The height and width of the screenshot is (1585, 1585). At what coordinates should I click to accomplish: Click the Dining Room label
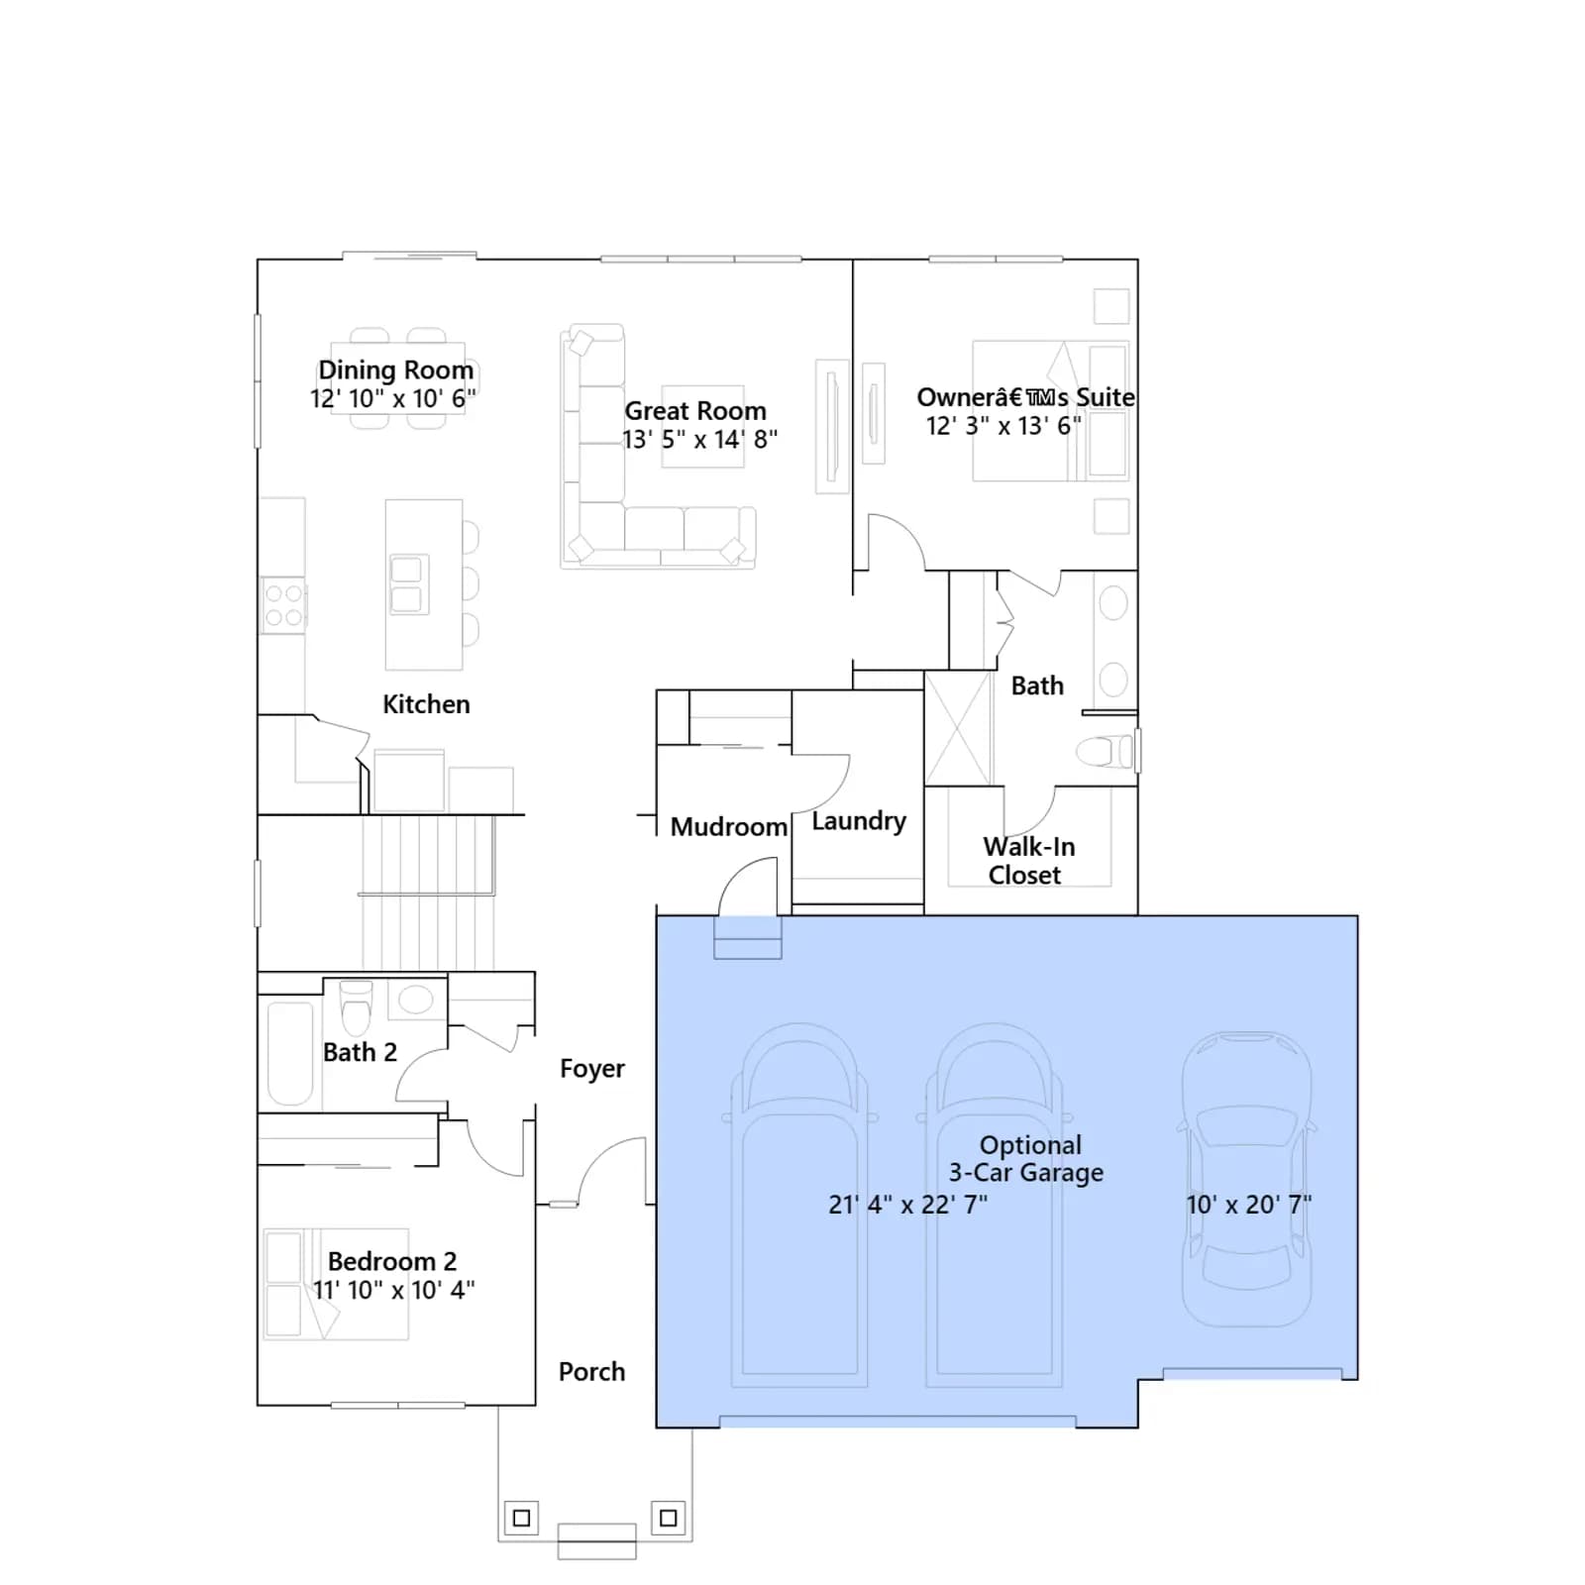pyautogui.click(x=395, y=370)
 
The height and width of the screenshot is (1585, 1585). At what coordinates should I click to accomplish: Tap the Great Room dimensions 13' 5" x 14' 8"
pyautogui.click(x=699, y=439)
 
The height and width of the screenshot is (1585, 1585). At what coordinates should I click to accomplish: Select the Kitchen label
pyautogui.click(x=426, y=704)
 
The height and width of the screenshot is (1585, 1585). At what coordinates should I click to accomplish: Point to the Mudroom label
pyautogui.click(x=728, y=826)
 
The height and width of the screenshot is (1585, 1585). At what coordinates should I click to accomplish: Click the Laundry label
pyautogui.click(x=859, y=821)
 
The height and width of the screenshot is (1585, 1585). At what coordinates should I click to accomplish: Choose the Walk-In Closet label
pyautogui.click(x=1028, y=861)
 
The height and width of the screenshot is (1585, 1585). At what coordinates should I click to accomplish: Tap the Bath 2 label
pyautogui.click(x=360, y=1052)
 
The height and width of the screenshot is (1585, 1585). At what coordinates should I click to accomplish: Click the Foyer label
pyautogui.click(x=592, y=1069)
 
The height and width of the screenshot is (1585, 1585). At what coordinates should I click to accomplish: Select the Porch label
pyautogui.click(x=591, y=1372)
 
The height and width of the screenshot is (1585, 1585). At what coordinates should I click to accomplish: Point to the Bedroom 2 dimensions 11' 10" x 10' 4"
pyautogui.click(x=393, y=1290)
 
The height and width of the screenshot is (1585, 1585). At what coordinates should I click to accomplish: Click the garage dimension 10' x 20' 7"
pyautogui.click(x=1249, y=1205)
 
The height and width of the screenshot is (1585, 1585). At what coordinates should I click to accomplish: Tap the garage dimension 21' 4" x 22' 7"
pyautogui.click(x=907, y=1205)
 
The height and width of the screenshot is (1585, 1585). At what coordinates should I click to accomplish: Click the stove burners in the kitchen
pyautogui.click(x=283, y=605)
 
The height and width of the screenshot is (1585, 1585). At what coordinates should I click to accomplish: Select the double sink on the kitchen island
pyautogui.click(x=406, y=584)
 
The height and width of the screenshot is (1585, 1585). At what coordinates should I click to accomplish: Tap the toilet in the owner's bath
pyautogui.click(x=1104, y=752)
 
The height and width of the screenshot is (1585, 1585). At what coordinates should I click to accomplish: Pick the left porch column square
pyautogui.click(x=522, y=1518)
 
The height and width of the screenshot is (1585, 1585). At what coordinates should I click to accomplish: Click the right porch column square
pyautogui.click(x=669, y=1518)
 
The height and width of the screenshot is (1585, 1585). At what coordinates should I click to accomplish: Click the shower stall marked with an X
pyautogui.click(x=958, y=728)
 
